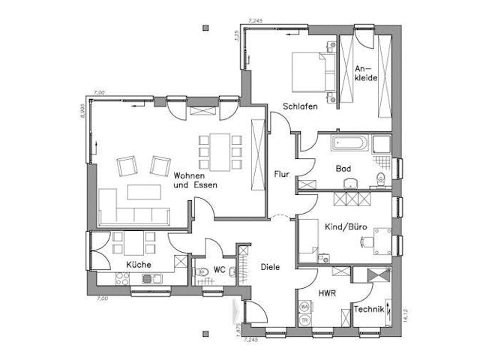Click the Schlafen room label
click(x=300, y=106)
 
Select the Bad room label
click(x=344, y=169)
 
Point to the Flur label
click(x=282, y=174)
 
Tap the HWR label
click(x=325, y=293)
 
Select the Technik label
click(x=369, y=310)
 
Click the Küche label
click(x=138, y=265)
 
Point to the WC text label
click(x=219, y=269)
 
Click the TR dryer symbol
click(x=304, y=319)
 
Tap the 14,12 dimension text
click(x=405, y=315)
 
